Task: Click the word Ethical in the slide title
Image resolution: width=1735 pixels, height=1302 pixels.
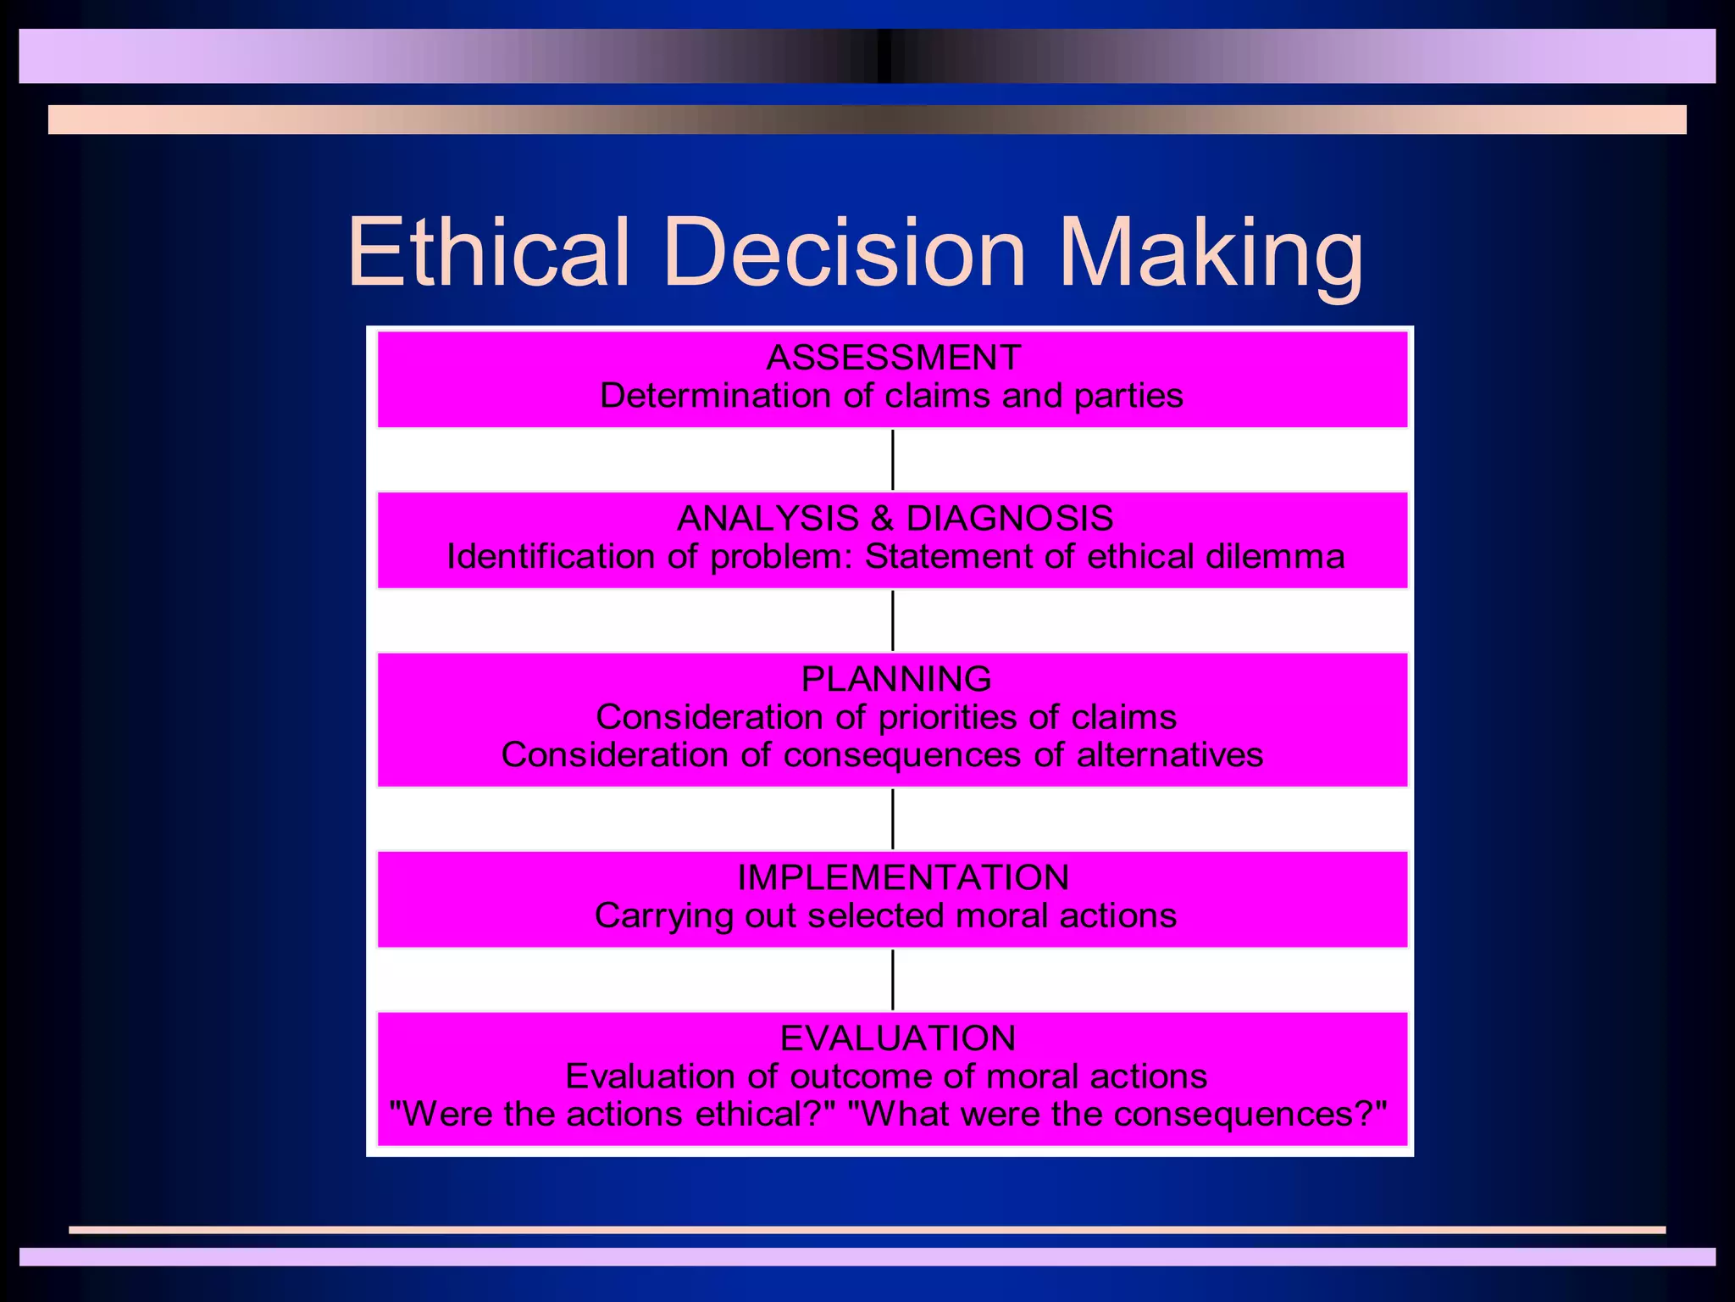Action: [x=489, y=253]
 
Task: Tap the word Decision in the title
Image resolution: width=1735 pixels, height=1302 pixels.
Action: [x=845, y=253]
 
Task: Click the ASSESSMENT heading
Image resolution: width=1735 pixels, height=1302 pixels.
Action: [x=894, y=358]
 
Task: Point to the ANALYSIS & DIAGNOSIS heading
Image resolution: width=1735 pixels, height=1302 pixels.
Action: [x=895, y=518]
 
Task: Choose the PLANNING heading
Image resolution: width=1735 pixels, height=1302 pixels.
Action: [x=895, y=679]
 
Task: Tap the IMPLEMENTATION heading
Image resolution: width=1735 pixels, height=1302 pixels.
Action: [x=903, y=877]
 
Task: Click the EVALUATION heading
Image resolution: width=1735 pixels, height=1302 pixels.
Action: [x=898, y=1038]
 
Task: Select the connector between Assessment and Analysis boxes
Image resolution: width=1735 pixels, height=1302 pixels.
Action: [x=893, y=459]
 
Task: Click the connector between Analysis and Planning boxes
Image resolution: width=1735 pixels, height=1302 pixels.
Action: [x=893, y=620]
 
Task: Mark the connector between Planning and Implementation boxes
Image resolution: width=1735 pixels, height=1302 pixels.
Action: [x=893, y=819]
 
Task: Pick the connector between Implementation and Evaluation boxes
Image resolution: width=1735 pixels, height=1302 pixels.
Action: [x=893, y=980]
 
